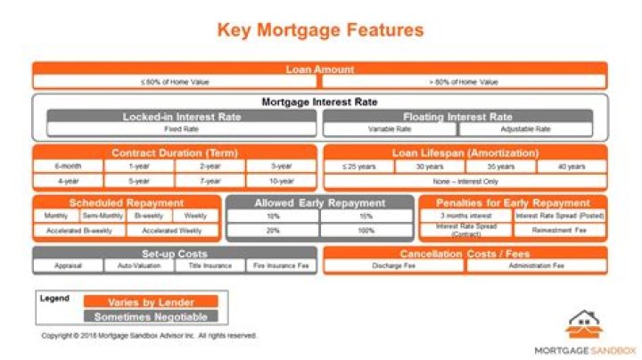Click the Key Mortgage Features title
[x=321, y=30]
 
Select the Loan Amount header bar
[x=320, y=69]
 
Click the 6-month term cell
[x=68, y=167]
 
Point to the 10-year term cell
[x=281, y=181]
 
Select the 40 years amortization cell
[x=572, y=167]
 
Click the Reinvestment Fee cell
[x=560, y=231]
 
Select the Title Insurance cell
[x=210, y=266]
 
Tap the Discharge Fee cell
[x=393, y=266]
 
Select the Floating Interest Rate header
[x=458, y=117]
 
